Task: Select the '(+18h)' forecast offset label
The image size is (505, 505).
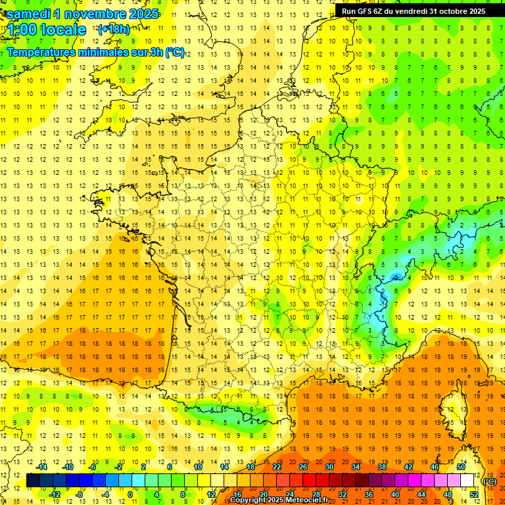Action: tap(113, 29)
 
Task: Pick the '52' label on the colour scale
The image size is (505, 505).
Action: tap(473, 494)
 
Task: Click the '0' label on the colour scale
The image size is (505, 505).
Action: tap(130, 494)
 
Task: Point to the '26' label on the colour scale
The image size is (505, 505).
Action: tap(303, 467)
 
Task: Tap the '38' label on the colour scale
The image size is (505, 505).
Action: tap(381, 467)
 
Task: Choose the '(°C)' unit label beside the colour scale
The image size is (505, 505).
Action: tap(489, 481)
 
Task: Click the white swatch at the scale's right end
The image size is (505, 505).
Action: tap(468, 481)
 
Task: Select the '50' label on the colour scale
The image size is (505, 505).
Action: tap(461, 467)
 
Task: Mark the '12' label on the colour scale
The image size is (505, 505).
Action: tap(210, 494)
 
